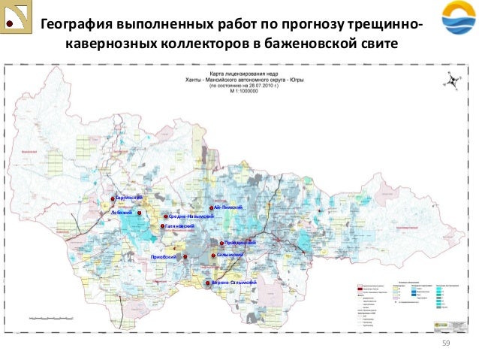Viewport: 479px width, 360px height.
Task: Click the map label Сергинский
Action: click(x=128, y=197)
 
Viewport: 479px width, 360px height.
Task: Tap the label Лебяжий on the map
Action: click(x=121, y=213)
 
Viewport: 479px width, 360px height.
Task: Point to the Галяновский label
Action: click(x=181, y=226)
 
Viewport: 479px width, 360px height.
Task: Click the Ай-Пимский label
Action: click(x=228, y=207)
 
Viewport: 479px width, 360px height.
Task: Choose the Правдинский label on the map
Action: click(x=242, y=244)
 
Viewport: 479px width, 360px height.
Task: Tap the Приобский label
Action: click(x=164, y=257)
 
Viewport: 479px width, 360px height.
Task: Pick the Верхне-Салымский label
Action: click(x=234, y=282)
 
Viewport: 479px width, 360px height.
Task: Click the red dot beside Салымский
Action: click(x=213, y=256)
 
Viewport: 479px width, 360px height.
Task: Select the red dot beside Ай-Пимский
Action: click(x=212, y=207)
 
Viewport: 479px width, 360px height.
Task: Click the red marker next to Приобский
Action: click(x=185, y=257)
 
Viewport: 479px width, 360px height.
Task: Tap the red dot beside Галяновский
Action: click(x=162, y=226)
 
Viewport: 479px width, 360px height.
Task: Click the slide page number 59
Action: click(x=444, y=343)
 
